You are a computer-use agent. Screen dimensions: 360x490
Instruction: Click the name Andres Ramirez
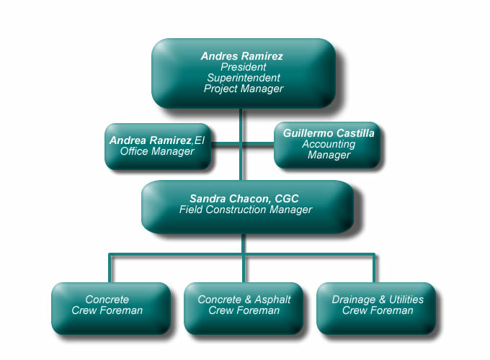[243, 55]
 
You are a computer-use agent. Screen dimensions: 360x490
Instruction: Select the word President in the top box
[243, 66]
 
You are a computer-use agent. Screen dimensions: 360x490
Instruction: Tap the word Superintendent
[243, 77]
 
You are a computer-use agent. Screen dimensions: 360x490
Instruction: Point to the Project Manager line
[243, 89]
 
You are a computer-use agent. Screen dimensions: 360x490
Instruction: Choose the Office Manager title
[158, 151]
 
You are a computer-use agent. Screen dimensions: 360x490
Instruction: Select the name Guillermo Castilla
[329, 133]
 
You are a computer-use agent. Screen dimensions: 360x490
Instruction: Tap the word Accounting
[329, 144]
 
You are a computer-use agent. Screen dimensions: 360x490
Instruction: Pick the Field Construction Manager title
[246, 210]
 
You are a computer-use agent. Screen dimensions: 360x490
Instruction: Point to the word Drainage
[353, 300]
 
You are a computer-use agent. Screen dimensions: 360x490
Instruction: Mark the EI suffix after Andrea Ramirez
[199, 140]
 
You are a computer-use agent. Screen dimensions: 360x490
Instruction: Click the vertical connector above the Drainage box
[374, 268]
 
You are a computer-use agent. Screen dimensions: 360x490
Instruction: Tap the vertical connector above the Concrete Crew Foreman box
[110, 268]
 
